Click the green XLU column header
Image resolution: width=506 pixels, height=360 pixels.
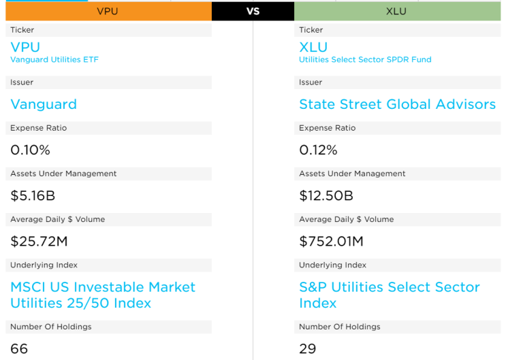click(x=396, y=12)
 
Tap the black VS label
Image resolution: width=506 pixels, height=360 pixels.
click(x=253, y=12)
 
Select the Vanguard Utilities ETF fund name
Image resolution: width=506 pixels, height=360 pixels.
click(x=54, y=60)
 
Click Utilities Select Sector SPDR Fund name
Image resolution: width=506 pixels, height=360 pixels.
click(x=365, y=60)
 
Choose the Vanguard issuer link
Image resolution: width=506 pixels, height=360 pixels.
click(x=44, y=104)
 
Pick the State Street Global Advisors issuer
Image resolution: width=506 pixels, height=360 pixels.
click(x=397, y=104)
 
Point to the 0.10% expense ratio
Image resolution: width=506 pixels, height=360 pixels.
click(x=30, y=150)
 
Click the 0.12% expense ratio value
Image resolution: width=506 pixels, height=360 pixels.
click(x=319, y=150)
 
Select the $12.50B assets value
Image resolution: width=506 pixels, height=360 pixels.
click(x=326, y=196)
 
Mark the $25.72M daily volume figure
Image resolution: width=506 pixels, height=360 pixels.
click(x=39, y=242)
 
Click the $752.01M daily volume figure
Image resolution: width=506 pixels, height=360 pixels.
click(x=331, y=242)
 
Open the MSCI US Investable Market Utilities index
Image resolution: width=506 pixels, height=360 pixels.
click(x=103, y=295)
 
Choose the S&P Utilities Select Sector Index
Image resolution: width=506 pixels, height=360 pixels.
click(x=389, y=295)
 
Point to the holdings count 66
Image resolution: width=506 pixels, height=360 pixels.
click(x=19, y=349)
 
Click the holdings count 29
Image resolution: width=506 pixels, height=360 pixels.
click(x=308, y=349)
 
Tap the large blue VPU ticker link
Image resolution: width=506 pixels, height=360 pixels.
click(x=25, y=47)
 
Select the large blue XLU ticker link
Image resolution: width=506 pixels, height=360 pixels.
click(x=313, y=47)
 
